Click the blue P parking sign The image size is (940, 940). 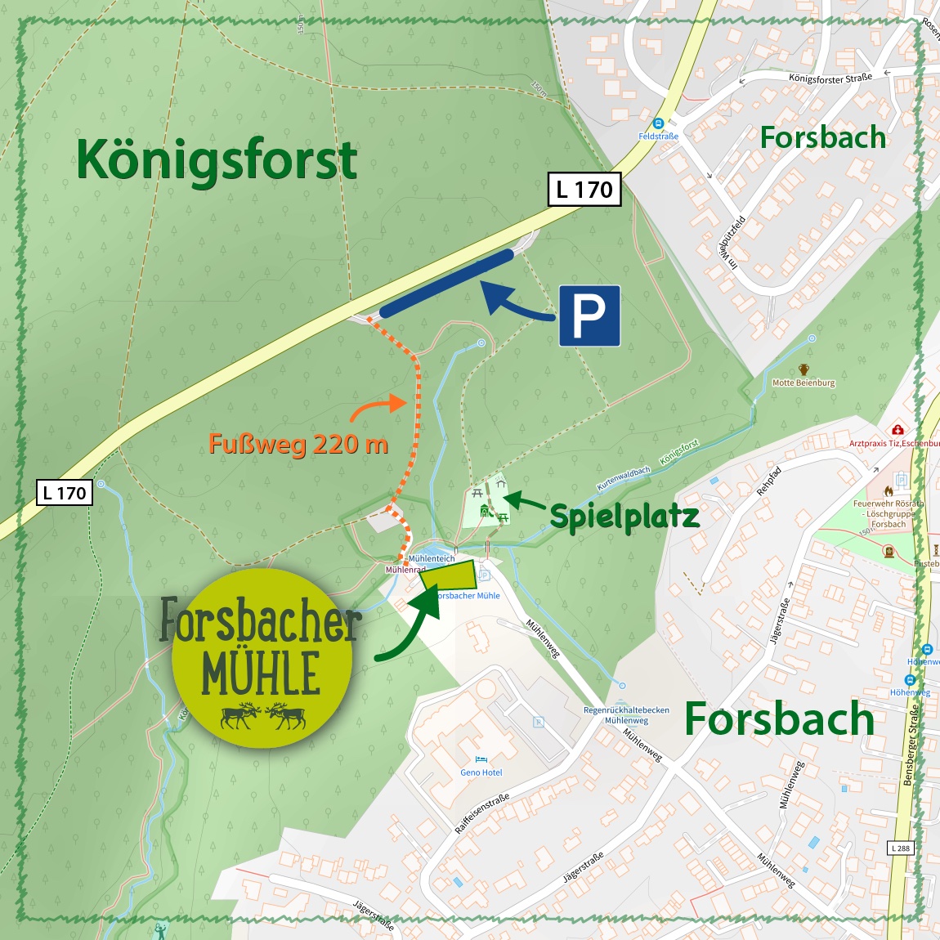pyautogui.click(x=589, y=316)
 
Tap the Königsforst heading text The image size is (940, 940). pyautogui.click(x=217, y=159)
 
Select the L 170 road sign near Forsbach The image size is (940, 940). pyautogui.click(x=584, y=190)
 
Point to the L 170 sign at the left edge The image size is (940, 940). pyautogui.click(x=65, y=493)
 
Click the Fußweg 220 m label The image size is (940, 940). pyautogui.click(x=298, y=444)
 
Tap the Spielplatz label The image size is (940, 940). pyautogui.click(x=624, y=517)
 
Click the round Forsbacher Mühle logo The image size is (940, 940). pyautogui.click(x=262, y=659)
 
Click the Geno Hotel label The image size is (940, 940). pyautogui.click(x=481, y=772)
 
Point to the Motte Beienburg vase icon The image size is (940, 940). pyautogui.click(x=803, y=370)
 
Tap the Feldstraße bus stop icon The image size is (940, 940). pyautogui.click(x=658, y=123)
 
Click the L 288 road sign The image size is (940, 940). pyautogui.click(x=900, y=848)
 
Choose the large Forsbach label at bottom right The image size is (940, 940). pyautogui.click(x=779, y=719)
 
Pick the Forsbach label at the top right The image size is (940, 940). pyautogui.click(x=822, y=137)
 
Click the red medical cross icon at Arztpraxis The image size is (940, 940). pyautogui.click(x=897, y=430)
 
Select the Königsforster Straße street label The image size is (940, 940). pyautogui.click(x=830, y=78)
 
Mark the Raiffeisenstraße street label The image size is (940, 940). pyautogui.click(x=482, y=813)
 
